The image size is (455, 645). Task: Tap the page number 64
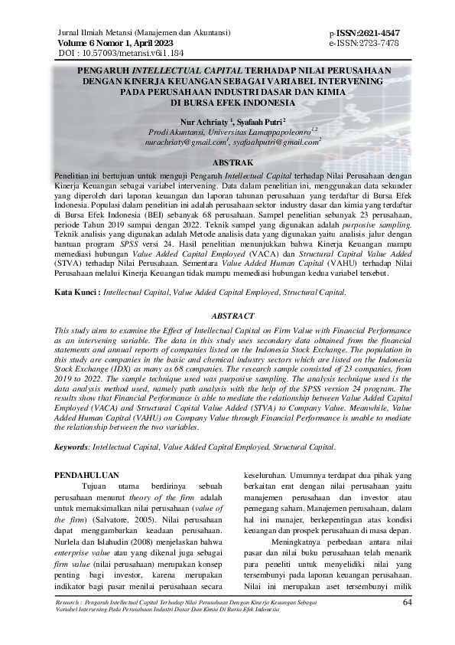(408, 602)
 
